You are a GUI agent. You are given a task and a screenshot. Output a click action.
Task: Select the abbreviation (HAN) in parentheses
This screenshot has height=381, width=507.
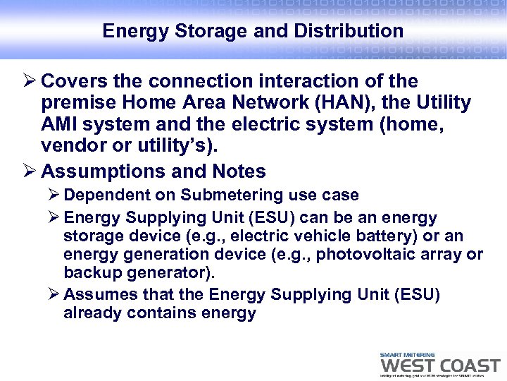pos(338,103)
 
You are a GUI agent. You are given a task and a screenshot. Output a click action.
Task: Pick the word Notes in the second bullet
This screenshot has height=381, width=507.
pos(237,171)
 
